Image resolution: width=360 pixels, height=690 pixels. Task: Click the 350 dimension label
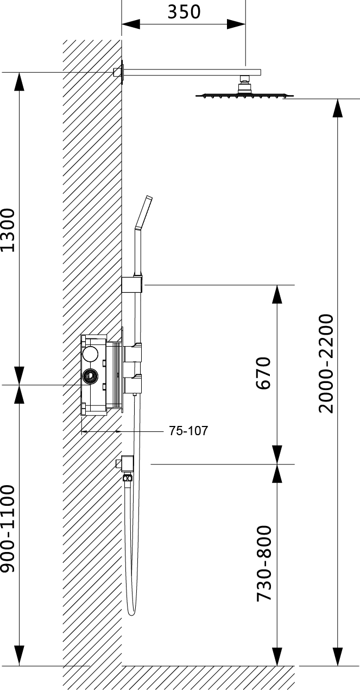click(184, 12)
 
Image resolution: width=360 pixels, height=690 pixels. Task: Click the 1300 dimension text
click(8, 230)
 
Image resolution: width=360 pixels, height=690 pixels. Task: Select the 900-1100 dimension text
click(8, 529)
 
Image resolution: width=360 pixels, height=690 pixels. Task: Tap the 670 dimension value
click(263, 373)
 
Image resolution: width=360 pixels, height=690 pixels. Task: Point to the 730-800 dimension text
click(264, 564)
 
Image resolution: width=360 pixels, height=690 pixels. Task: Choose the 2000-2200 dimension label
click(326, 363)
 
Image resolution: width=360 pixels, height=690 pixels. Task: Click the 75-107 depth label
click(188, 431)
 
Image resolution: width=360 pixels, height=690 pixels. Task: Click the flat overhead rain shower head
click(244, 96)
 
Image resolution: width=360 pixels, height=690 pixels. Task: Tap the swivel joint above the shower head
click(245, 84)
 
